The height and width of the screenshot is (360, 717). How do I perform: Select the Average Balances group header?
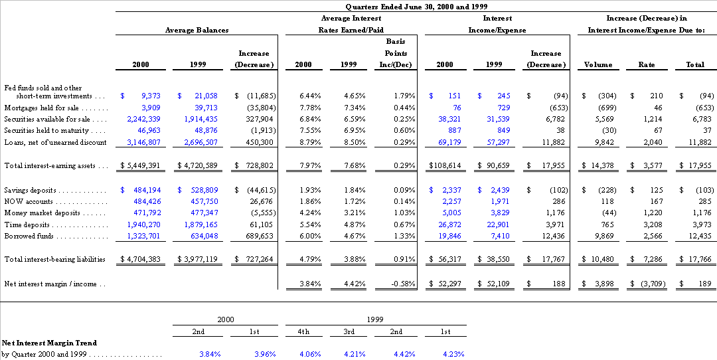tap(197, 30)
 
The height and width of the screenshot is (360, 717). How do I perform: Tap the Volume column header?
tap(598, 65)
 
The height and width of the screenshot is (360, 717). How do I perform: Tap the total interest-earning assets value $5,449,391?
tap(140, 165)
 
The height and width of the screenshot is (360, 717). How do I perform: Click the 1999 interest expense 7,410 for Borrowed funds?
tap(500, 236)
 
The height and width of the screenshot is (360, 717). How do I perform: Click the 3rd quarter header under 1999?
tap(349, 331)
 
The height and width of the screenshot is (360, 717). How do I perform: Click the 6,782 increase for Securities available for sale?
tap(556, 119)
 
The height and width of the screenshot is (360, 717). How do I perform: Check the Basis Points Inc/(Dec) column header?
tap(396, 53)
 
